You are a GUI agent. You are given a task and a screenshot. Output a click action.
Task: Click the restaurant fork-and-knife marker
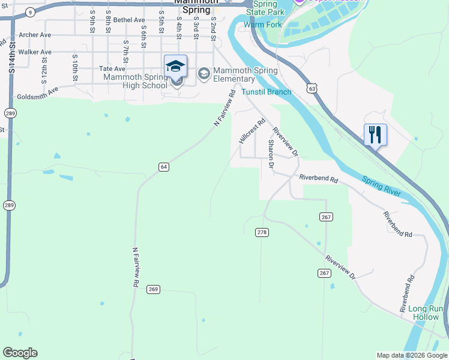375,134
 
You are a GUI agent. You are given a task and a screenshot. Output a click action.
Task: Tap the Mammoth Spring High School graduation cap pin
175,66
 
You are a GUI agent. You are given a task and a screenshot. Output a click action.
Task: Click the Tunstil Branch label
266,92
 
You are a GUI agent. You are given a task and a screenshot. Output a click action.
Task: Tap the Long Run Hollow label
426,313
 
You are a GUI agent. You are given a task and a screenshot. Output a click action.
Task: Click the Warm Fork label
263,25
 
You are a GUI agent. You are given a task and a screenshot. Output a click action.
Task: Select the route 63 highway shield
310,88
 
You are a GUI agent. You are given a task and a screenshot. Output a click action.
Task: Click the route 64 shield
163,167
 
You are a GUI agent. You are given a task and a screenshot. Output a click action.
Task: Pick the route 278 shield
262,232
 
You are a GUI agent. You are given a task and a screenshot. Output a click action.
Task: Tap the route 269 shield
153,289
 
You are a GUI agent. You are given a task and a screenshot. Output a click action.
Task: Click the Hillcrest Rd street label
252,131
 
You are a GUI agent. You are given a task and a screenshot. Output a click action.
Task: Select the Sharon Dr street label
271,154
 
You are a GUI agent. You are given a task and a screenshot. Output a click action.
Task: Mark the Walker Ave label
35,52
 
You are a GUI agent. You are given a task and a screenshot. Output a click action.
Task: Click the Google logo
20,353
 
